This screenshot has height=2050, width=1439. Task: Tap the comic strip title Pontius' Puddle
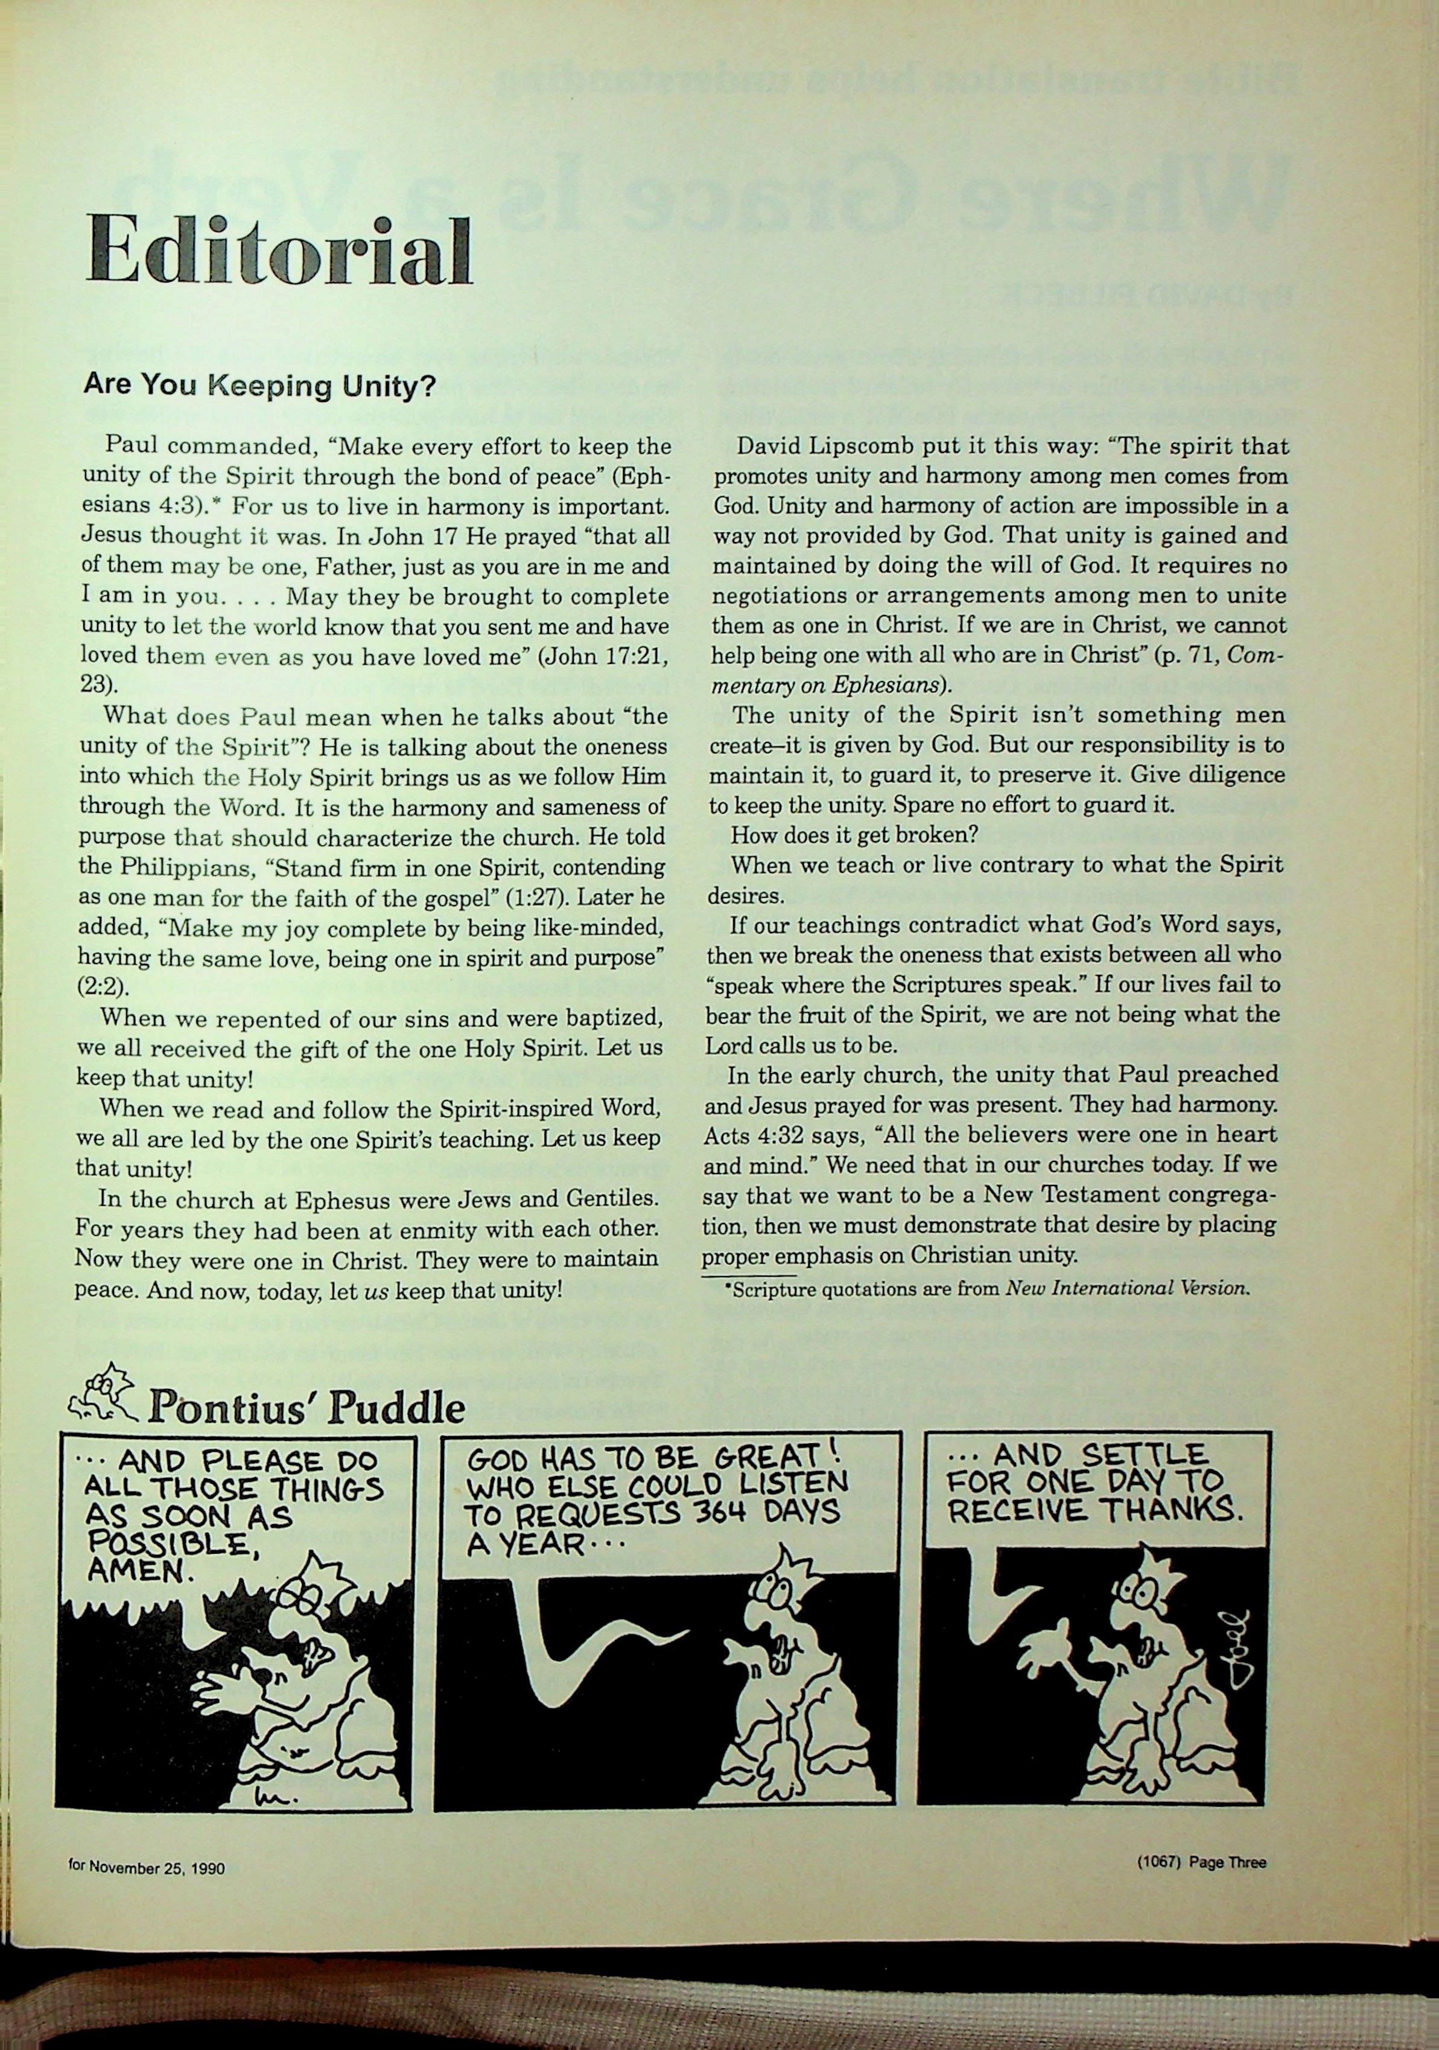306,1408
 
